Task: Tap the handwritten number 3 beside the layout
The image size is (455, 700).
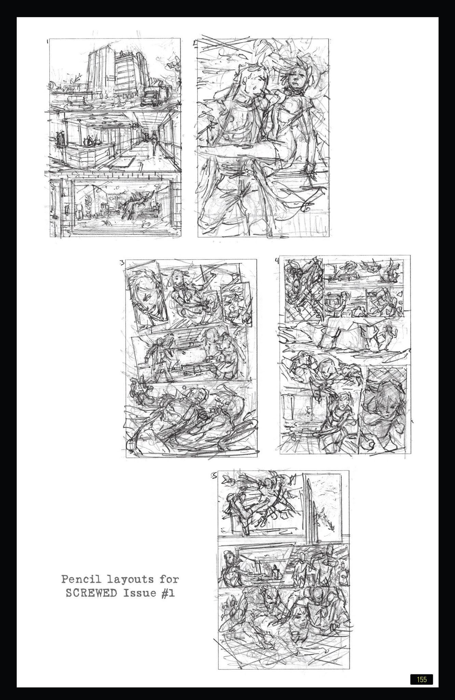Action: (122, 263)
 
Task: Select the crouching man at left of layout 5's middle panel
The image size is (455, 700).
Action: (229, 566)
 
